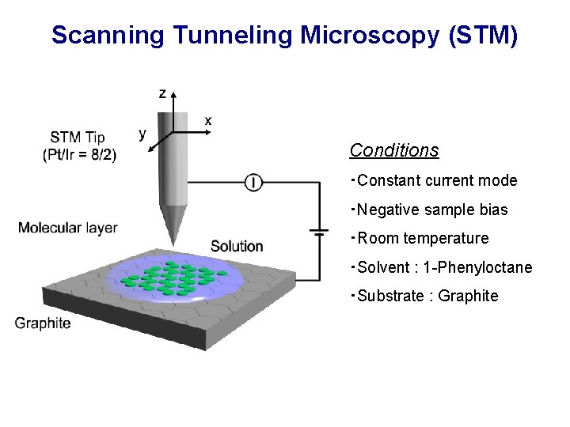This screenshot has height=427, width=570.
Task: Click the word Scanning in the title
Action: coord(108,36)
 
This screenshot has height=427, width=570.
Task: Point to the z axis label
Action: coord(163,94)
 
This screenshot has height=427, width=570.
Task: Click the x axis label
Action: coord(208,121)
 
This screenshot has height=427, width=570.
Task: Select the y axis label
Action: coord(142,134)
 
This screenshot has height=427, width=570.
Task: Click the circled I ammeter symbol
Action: coord(253,183)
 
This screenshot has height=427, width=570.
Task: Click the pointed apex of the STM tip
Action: coord(170,244)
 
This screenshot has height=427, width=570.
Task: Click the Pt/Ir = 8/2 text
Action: coord(79,155)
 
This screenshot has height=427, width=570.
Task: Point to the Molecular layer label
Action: coord(68,228)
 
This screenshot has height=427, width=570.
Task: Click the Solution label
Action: coord(237,246)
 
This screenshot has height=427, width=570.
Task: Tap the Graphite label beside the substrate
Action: coord(43,323)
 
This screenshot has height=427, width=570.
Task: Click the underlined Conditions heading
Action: coord(394,150)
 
